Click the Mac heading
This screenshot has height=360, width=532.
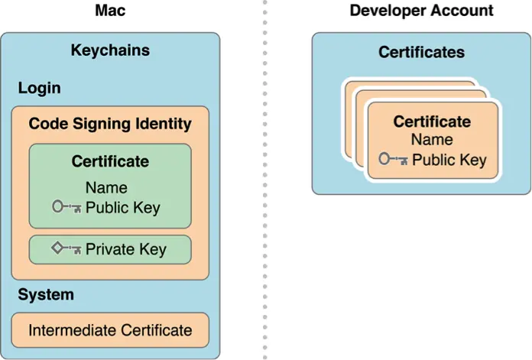(110, 11)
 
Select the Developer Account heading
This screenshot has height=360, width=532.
(421, 11)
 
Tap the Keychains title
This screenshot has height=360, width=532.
(110, 51)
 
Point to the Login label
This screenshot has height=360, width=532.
(40, 88)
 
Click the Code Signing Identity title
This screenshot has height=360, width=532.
(110, 123)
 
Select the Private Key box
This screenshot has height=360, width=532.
(110, 248)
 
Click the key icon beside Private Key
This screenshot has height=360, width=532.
(66, 249)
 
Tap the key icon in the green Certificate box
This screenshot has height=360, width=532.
(66, 206)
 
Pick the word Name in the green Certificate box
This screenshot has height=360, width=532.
(106, 187)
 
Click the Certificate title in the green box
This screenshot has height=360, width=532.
(110, 161)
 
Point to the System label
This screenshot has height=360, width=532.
(46, 294)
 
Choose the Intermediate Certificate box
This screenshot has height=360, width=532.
(110, 330)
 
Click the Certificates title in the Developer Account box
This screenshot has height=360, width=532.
(421, 52)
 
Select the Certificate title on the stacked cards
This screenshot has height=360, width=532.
(432, 122)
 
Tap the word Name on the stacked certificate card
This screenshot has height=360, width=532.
(432, 140)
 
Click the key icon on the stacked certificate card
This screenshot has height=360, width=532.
(393, 160)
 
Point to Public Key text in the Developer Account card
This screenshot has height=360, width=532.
(449, 160)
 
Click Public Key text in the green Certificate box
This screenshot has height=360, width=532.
(123, 206)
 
